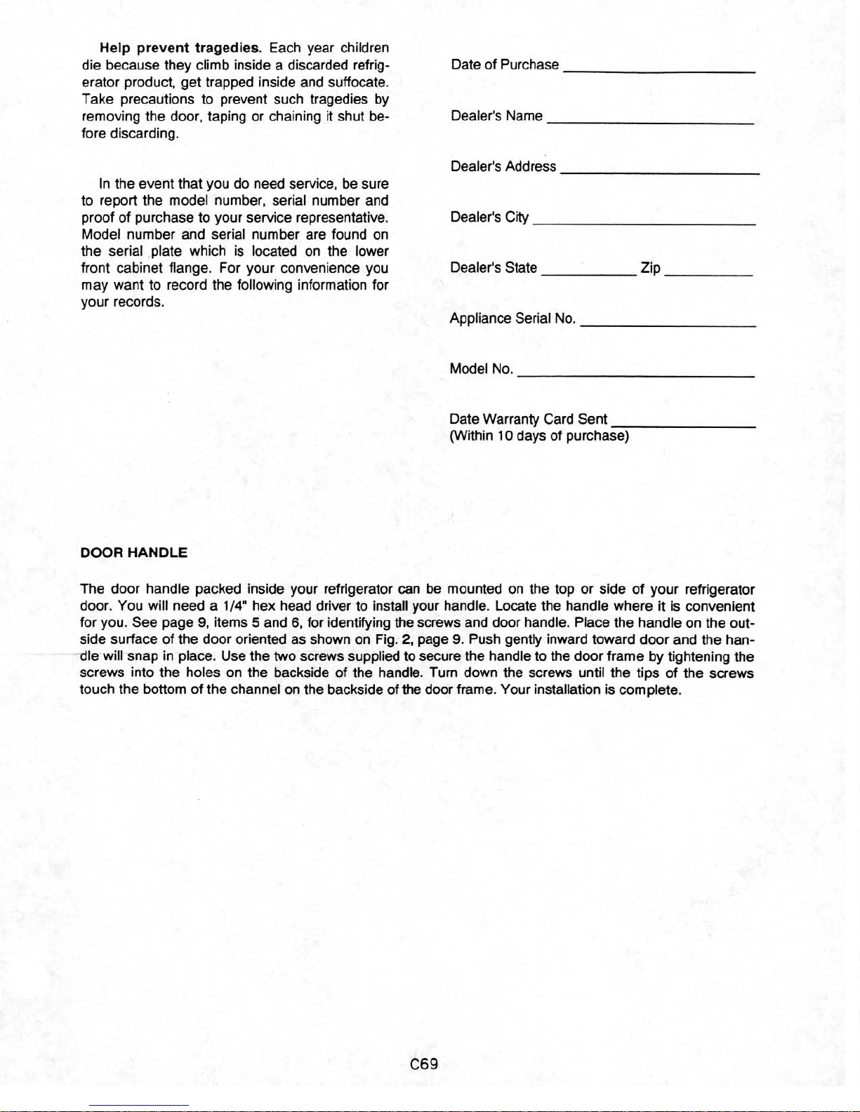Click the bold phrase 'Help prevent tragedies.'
click(x=180, y=48)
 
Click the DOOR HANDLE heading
click(x=134, y=553)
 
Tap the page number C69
click(x=424, y=1064)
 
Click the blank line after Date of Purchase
click(x=659, y=71)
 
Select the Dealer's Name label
click(x=496, y=116)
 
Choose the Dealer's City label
click(x=489, y=217)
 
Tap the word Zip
click(x=650, y=268)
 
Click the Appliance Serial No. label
click(x=512, y=319)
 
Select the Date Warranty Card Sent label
click(x=528, y=420)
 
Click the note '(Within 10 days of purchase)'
click(x=538, y=436)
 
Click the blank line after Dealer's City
click(x=644, y=222)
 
